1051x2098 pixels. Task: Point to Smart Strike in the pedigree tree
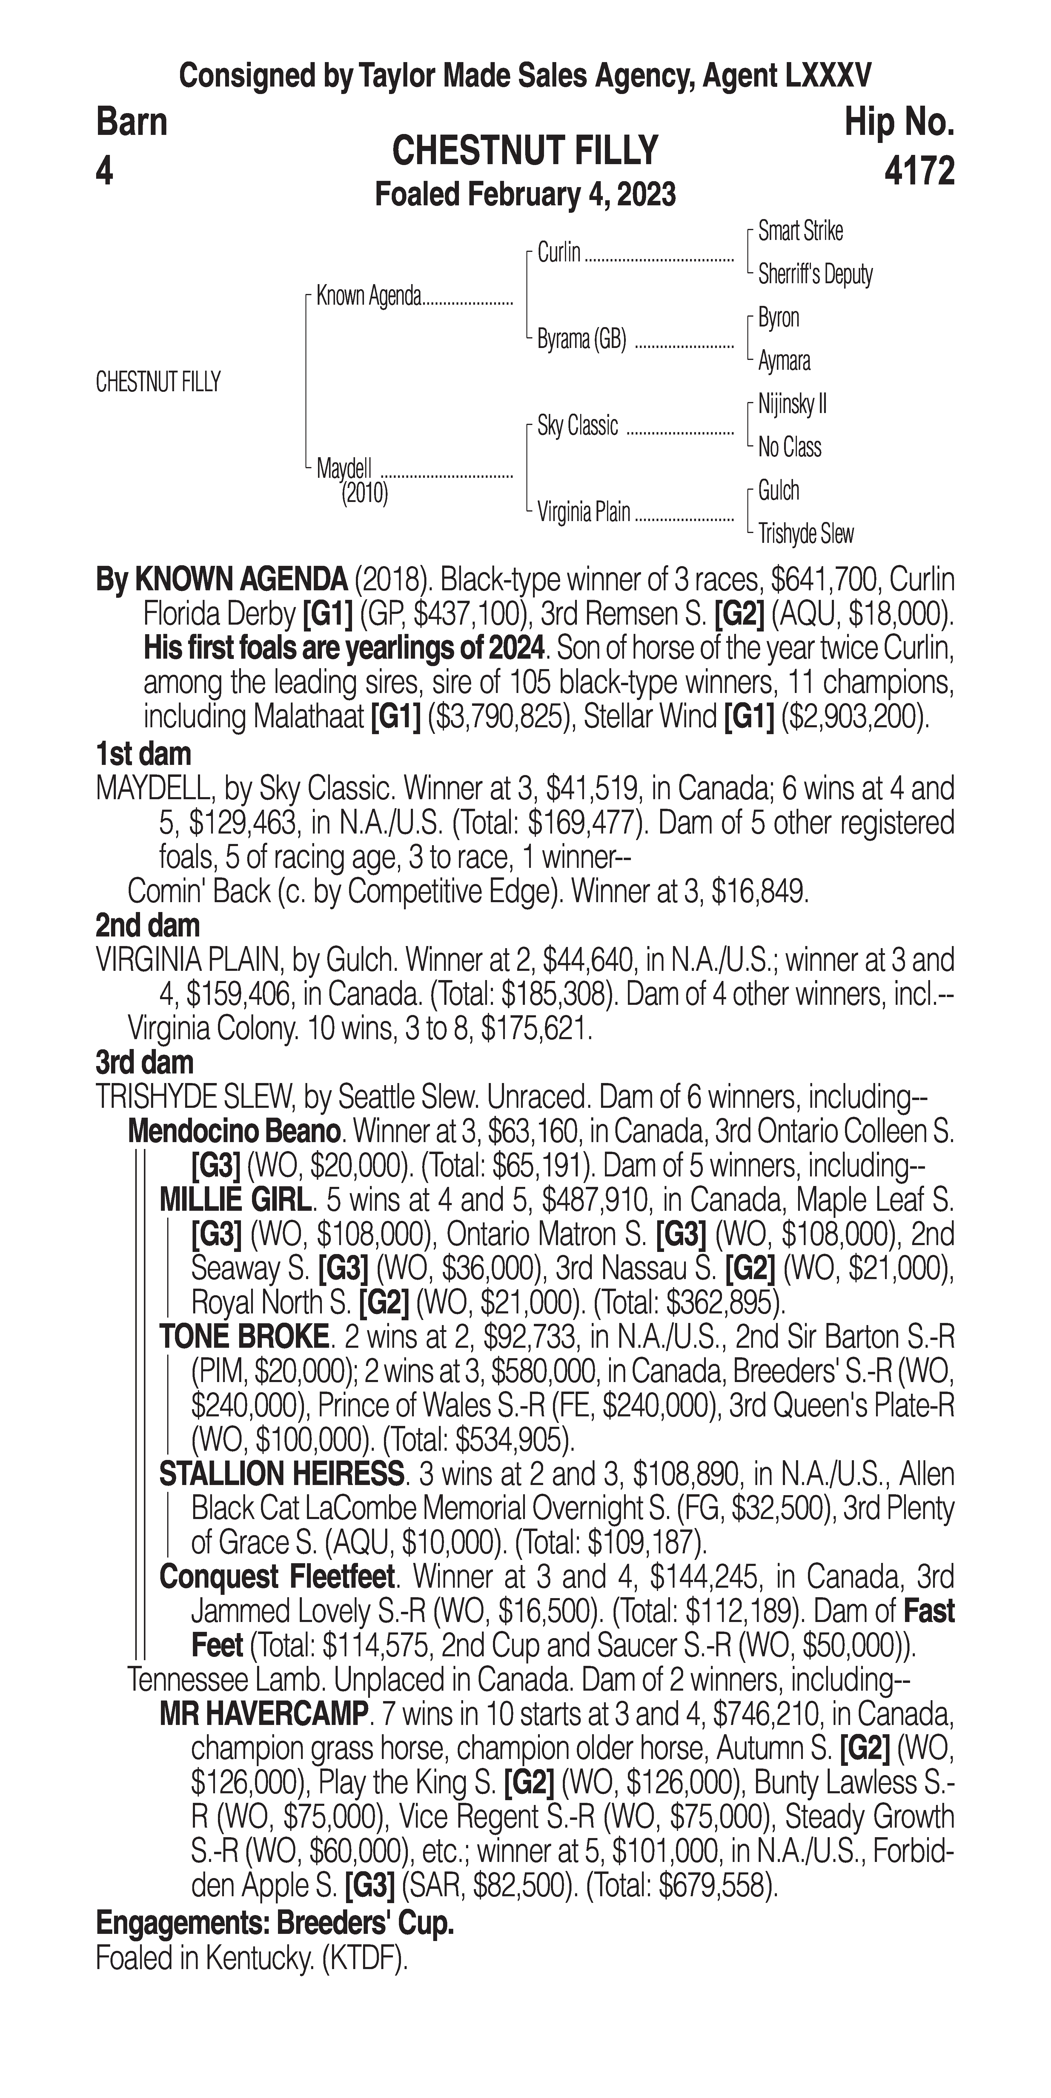[800, 231]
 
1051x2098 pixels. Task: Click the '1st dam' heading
[143, 753]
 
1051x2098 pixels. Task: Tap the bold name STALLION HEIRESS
[281, 1473]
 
